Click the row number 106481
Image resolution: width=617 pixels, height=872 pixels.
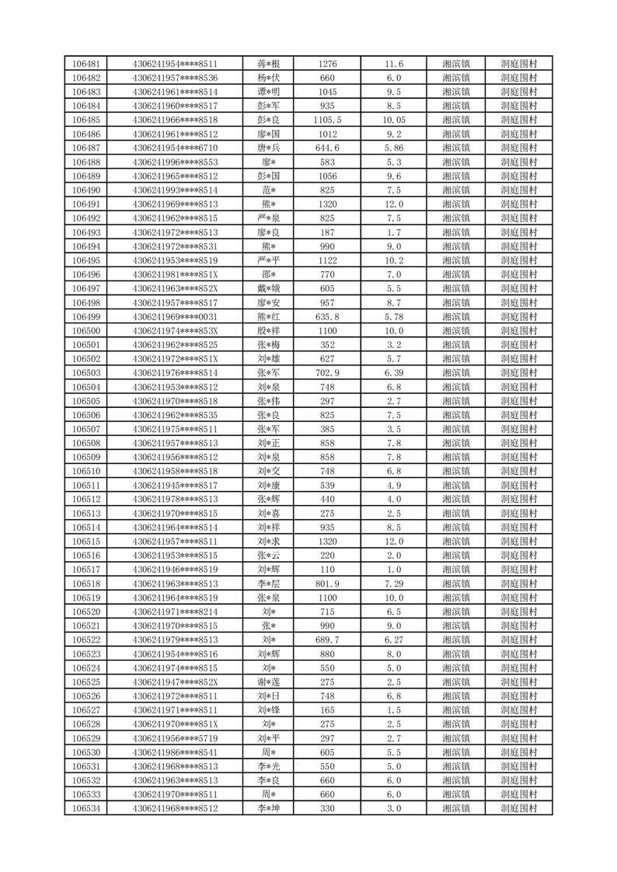pos(85,64)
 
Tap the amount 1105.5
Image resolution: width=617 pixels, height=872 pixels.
pos(327,120)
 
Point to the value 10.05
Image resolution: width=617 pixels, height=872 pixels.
pos(394,120)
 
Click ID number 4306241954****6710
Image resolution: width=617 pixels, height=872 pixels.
pos(175,148)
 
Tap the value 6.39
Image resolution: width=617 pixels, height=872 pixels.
pos(394,373)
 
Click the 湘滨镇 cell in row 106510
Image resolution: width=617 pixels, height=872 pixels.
pos(456,471)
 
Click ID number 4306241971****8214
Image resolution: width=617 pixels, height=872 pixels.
pos(175,612)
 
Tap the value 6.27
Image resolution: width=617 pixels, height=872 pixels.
pos(394,640)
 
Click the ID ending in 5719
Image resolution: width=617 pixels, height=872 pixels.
pos(175,738)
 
